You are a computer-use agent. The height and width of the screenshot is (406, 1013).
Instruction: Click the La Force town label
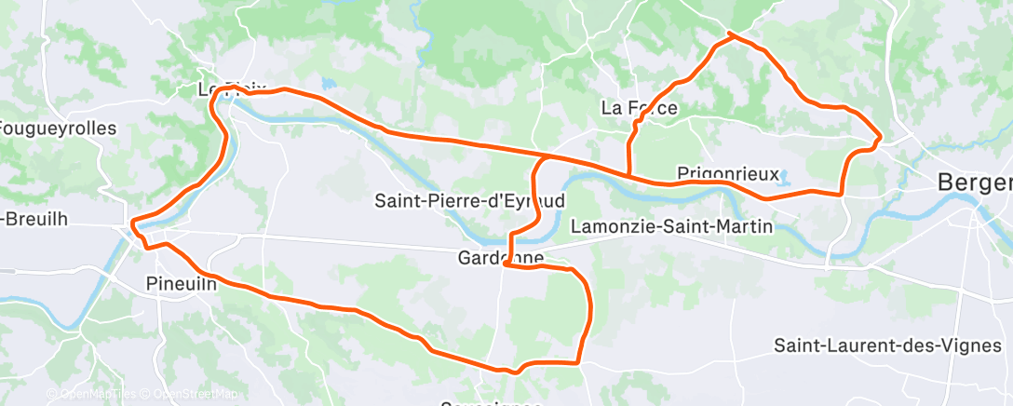pyautogui.click(x=639, y=108)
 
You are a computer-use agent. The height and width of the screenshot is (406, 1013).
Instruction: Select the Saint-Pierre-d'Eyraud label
pyautogui.click(x=469, y=200)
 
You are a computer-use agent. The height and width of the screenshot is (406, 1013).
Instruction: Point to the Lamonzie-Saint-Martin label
pyautogui.click(x=671, y=225)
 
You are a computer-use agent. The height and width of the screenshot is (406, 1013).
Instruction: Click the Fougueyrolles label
pyautogui.click(x=58, y=129)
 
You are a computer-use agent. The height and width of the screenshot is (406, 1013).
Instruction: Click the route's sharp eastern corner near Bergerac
pyautogui.click(x=880, y=139)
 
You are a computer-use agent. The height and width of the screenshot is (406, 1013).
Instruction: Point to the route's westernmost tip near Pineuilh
pyautogui.click(x=133, y=223)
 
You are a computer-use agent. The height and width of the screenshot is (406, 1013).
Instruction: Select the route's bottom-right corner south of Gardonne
pyautogui.click(x=578, y=361)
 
